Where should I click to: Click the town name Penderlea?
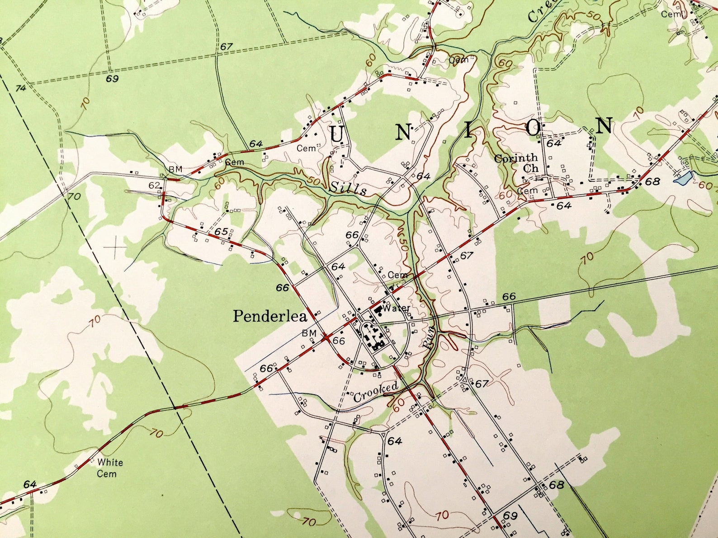(x=270, y=316)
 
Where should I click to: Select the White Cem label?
(x=109, y=468)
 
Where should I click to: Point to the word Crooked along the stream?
(x=375, y=391)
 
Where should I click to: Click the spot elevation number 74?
(x=21, y=88)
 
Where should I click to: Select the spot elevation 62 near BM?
(x=154, y=185)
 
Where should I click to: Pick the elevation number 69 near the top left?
(x=112, y=79)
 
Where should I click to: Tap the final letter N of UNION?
(x=604, y=126)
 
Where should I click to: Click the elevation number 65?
(x=221, y=231)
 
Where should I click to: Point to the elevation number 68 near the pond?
(x=652, y=182)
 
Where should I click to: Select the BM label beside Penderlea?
(x=309, y=333)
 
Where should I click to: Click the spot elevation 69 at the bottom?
(x=510, y=515)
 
